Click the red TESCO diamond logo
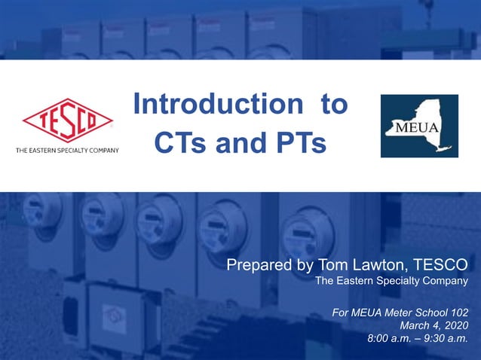coord(68,121)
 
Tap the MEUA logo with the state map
coord(419,126)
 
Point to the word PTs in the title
coord(300,142)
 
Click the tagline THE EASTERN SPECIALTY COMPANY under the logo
coord(68,151)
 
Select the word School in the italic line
coord(428,311)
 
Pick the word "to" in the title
coord(334,105)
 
